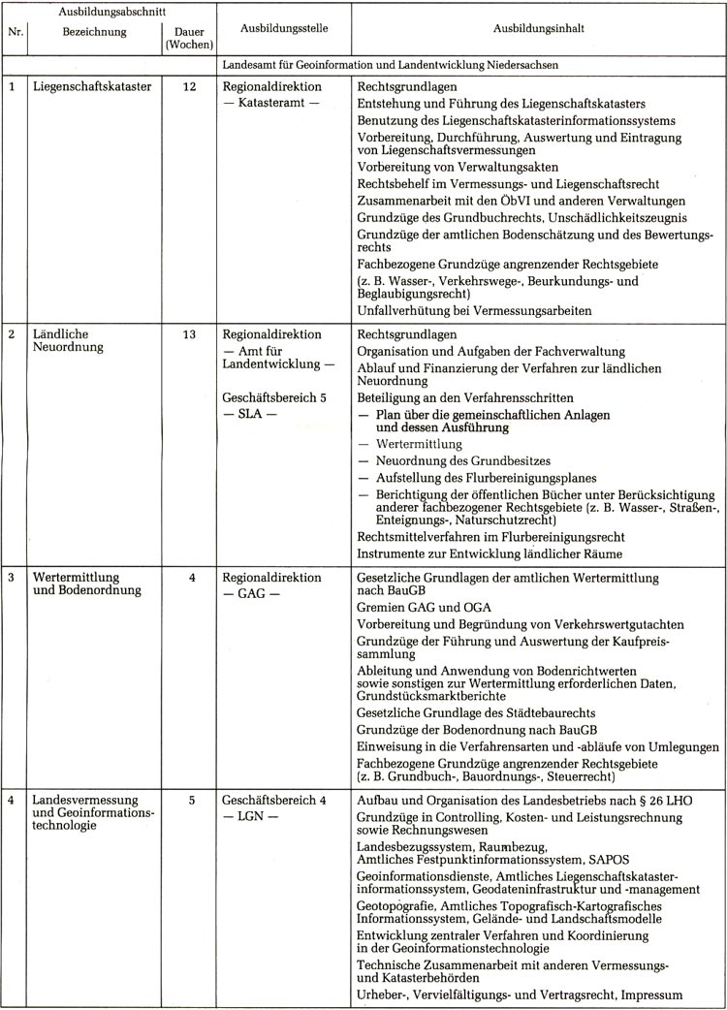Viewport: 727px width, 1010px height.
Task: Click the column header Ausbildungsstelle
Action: pos(283,29)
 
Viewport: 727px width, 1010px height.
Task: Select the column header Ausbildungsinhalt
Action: pos(538,29)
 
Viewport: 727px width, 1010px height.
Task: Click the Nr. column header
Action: pos(16,30)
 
